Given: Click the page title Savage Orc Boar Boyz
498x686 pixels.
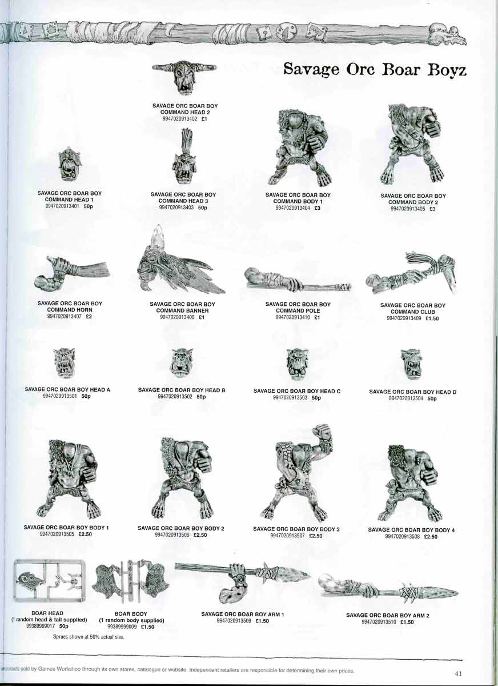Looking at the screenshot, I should click(375, 70).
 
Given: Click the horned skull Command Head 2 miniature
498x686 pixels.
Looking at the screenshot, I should click(184, 77).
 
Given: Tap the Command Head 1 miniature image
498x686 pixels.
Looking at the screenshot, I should click(70, 165).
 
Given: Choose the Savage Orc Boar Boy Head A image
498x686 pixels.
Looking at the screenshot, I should click(64, 362).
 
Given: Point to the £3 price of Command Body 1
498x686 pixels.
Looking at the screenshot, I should click(317, 208).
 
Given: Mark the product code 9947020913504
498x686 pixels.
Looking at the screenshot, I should click(407, 398).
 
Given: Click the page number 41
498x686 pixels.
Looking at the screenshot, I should click(458, 673).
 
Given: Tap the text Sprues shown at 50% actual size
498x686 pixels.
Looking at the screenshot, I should click(89, 636).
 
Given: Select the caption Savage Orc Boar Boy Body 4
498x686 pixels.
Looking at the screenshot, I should click(411, 530).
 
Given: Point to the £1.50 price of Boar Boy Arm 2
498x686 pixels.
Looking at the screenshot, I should click(407, 622).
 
